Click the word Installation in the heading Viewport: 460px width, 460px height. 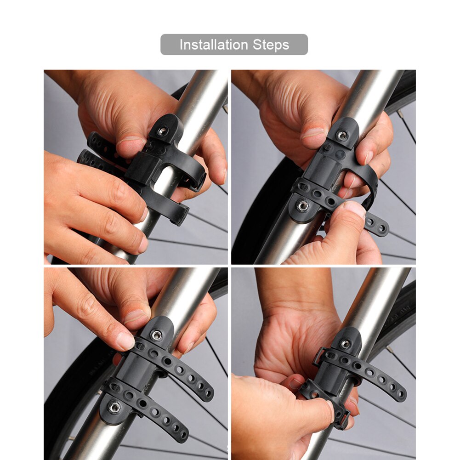214,45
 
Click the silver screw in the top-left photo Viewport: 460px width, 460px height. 162,131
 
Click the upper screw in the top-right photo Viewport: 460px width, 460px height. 341,135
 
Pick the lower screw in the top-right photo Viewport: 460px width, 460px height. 302,206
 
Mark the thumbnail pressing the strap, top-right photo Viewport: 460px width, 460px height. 354,209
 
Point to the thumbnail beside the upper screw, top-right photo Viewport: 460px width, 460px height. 312,133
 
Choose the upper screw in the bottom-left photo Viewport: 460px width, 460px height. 157,335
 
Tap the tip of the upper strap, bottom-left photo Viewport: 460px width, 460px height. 208,393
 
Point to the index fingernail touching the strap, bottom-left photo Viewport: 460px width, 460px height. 125,341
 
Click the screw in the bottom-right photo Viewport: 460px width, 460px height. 345,343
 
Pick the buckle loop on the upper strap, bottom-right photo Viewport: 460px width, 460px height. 318,357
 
